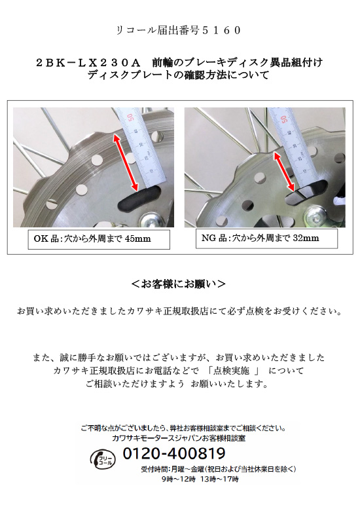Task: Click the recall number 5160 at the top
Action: coord(221,30)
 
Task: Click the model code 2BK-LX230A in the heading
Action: coord(88,62)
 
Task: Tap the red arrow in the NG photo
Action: coord(284,172)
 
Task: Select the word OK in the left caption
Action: coord(41,239)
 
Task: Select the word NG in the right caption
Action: coord(209,238)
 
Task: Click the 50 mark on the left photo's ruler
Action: coord(130,117)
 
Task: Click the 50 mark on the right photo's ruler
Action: coord(283,119)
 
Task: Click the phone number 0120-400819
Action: coord(174,453)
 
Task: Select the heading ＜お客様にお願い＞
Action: coord(179,284)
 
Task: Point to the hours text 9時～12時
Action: coord(178,479)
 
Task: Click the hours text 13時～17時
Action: coord(219,479)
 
